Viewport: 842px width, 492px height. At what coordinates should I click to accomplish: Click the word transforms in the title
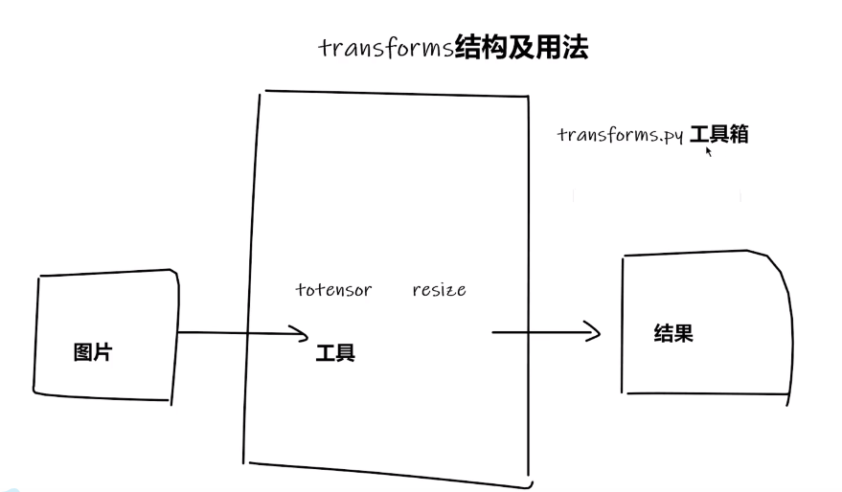pyautogui.click(x=386, y=48)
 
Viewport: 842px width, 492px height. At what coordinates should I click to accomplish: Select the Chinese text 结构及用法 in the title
pyautogui.click(x=521, y=47)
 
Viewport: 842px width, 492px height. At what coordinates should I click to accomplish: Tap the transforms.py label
pyautogui.click(x=620, y=135)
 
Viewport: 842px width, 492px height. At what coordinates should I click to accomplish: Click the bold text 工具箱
pyautogui.click(x=718, y=134)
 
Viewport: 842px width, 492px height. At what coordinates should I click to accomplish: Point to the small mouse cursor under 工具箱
pyautogui.click(x=709, y=150)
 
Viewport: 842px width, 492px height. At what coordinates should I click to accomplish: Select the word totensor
pyautogui.click(x=333, y=289)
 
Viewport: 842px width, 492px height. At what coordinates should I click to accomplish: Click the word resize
pyautogui.click(x=439, y=289)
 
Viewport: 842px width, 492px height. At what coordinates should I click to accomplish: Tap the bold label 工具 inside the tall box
pyautogui.click(x=335, y=353)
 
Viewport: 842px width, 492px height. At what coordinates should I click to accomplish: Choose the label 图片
pyautogui.click(x=93, y=351)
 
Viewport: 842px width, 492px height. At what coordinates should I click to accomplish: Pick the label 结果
pyautogui.click(x=673, y=333)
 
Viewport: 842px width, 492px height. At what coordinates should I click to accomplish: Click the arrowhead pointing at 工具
pyautogui.click(x=302, y=334)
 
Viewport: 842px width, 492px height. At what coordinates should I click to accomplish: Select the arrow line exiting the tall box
pyautogui.click(x=536, y=332)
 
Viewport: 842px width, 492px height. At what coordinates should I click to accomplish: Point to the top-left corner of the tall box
pyautogui.click(x=263, y=93)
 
